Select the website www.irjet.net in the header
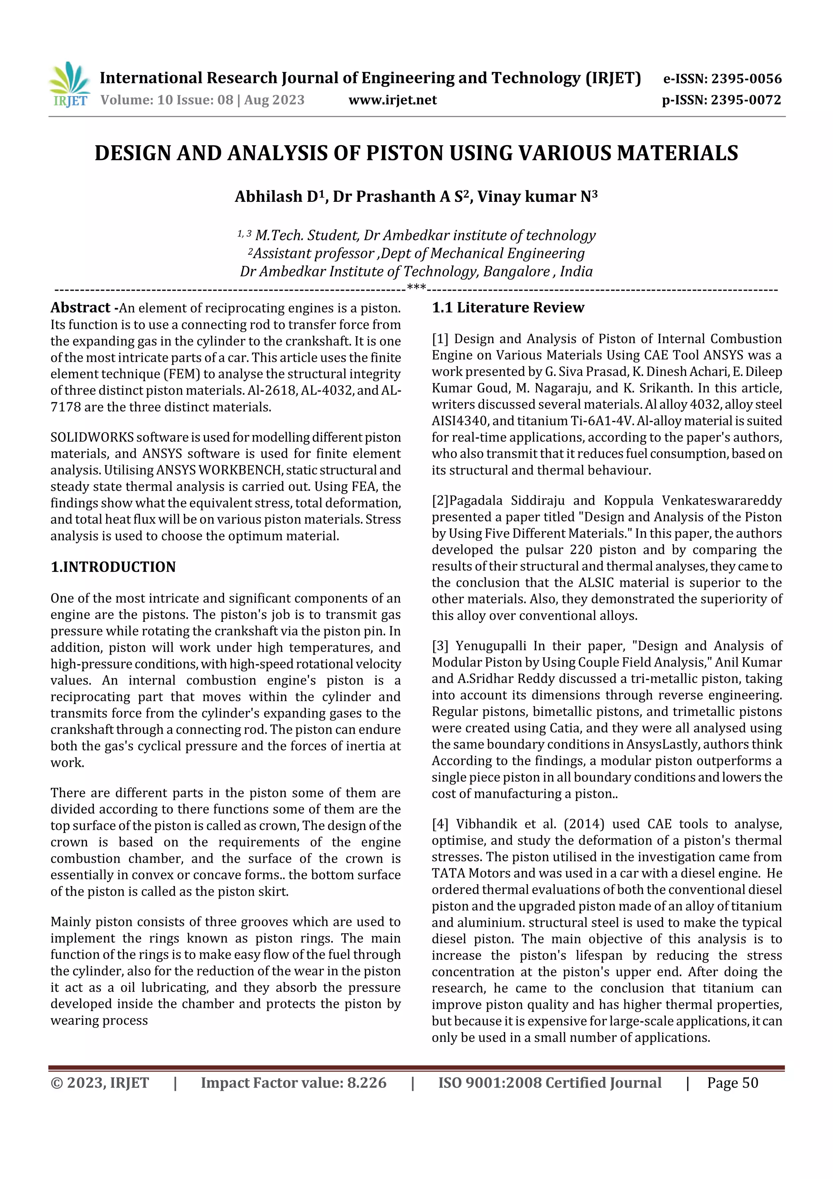point(393,100)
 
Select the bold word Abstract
point(81,308)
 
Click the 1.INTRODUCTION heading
point(113,567)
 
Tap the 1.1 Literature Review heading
point(508,308)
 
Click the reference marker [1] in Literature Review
point(440,339)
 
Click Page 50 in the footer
point(733,1083)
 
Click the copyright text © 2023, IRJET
point(100,1083)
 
